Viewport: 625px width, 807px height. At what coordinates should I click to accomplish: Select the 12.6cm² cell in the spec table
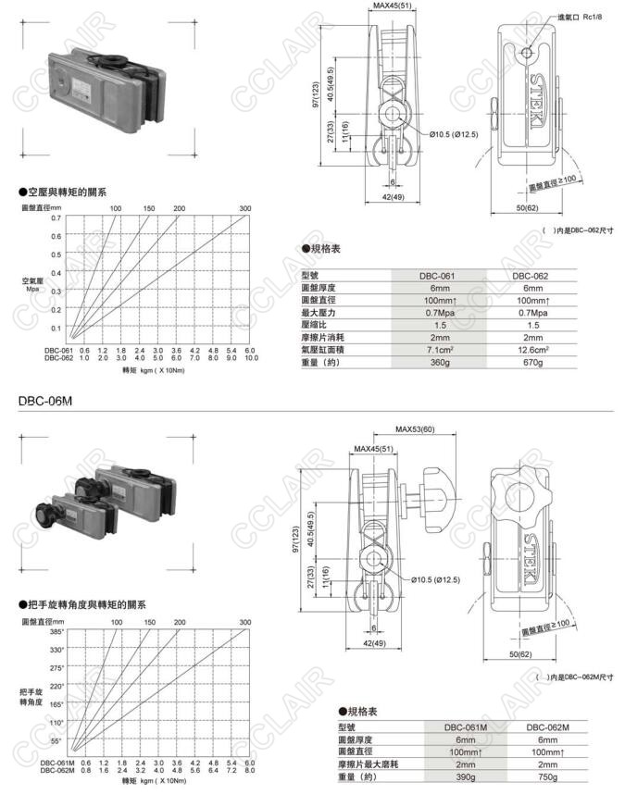click(532, 351)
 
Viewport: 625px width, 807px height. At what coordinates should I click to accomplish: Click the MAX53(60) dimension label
click(415, 429)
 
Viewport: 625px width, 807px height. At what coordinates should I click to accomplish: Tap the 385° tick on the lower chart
click(56, 632)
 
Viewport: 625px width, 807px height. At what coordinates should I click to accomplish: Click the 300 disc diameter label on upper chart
click(244, 208)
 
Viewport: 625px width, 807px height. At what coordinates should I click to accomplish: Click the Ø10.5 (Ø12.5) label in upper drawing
click(453, 135)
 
